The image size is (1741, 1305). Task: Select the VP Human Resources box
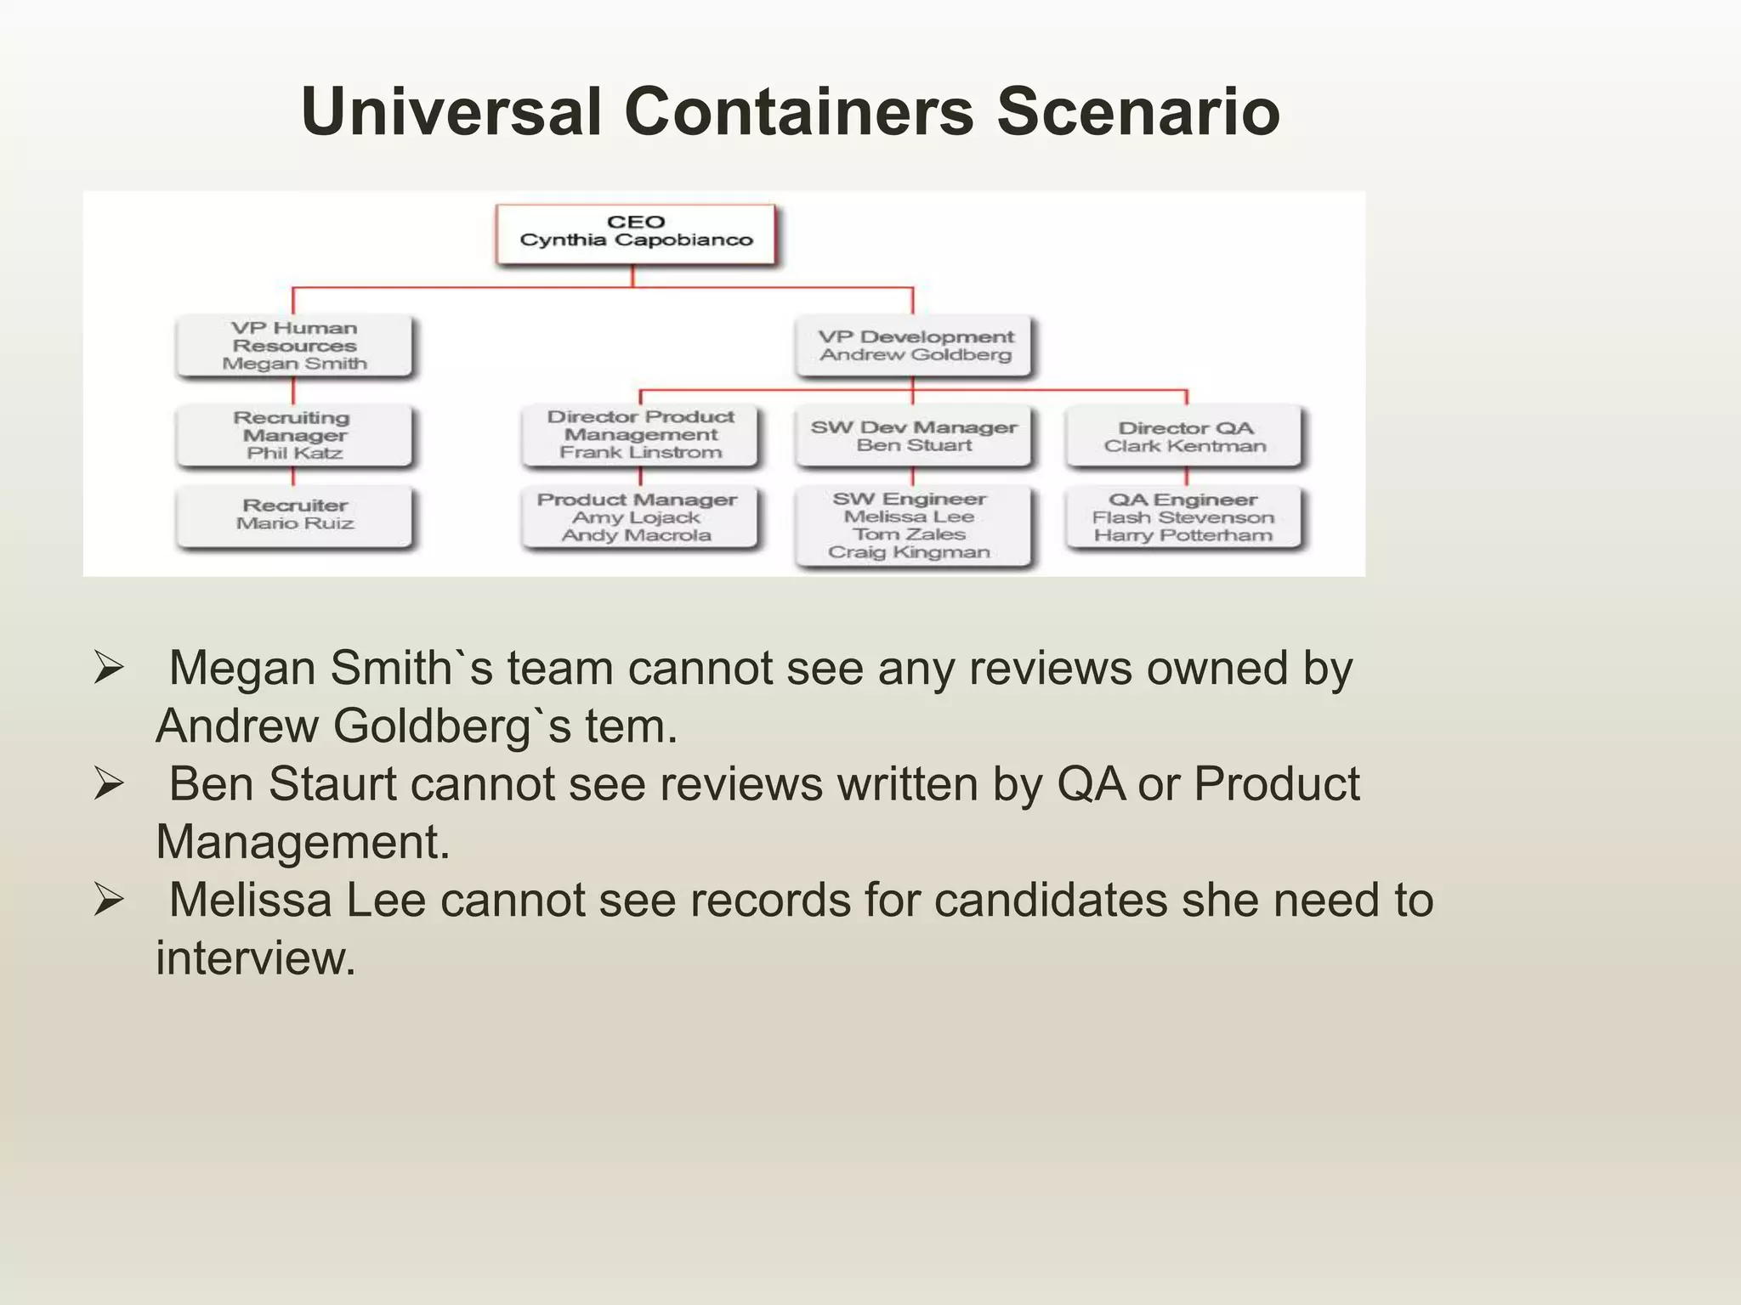tap(294, 346)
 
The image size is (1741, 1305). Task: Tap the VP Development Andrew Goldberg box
tap(915, 346)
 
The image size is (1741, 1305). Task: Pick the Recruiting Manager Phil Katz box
tap(294, 435)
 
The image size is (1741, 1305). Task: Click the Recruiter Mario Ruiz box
tap(294, 515)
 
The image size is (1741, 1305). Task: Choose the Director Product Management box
tap(640, 434)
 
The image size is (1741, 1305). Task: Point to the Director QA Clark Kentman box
tap(1185, 437)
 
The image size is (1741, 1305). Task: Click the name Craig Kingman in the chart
tap(909, 552)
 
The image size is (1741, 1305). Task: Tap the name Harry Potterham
tap(1182, 535)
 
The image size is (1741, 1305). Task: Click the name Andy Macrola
tap(636, 535)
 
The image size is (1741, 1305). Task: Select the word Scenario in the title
tap(1137, 111)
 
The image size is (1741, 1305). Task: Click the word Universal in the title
tap(451, 111)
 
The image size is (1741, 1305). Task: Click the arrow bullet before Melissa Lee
tap(109, 899)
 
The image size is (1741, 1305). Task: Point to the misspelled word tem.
tap(631, 726)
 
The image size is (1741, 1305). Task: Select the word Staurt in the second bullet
tap(332, 783)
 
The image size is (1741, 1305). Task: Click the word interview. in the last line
tap(255, 958)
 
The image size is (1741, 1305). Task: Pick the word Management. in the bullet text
tap(303, 842)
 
